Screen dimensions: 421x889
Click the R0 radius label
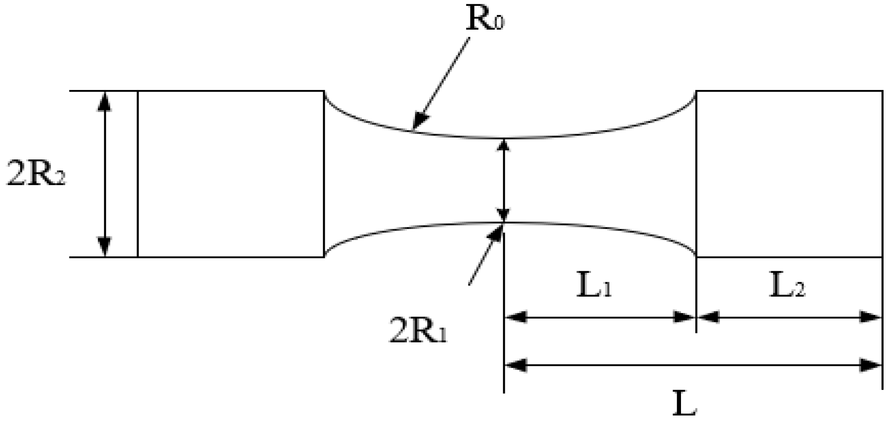click(x=485, y=19)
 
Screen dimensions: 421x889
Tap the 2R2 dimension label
click(x=36, y=173)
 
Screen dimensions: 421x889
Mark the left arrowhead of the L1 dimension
click(x=514, y=317)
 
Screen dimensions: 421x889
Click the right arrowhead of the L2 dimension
click(x=872, y=317)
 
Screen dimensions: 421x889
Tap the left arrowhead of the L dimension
click(x=514, y=366)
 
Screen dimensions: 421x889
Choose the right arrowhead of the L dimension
click(x=872, y=366)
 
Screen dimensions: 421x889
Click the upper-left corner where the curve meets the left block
click(x=324, y=91)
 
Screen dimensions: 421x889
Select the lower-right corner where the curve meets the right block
click(x=696, y=257)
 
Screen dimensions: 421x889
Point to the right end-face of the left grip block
click(x=324, y=173)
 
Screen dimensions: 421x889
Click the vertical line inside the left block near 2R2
click(x=138, y=173)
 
